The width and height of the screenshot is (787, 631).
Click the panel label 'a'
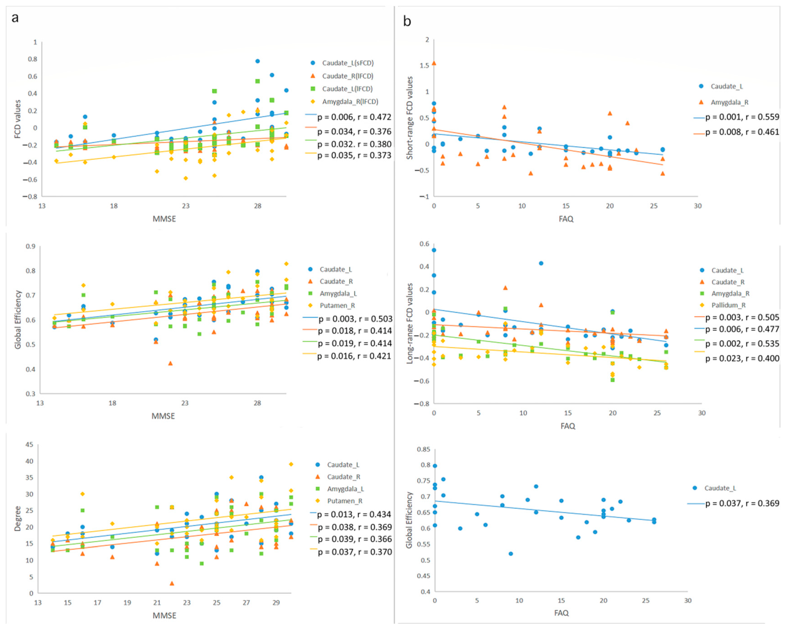pyautogui.click(x=15, y=17)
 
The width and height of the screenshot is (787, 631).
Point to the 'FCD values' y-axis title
pyautogui.click(x=17, y=119)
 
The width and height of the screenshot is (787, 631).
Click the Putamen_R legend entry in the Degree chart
pyautogui.click(x=345, y=501)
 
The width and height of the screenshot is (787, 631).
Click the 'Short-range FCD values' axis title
pyautogui.click(x=410, y=118)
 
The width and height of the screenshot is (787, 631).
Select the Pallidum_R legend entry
pyautogui.click(x=728, y=305)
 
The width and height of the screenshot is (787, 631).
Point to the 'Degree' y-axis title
pyautogui.click(x=17, y=519)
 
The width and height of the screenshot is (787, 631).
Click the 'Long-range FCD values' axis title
pyautogui.click(x=410, y=323)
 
